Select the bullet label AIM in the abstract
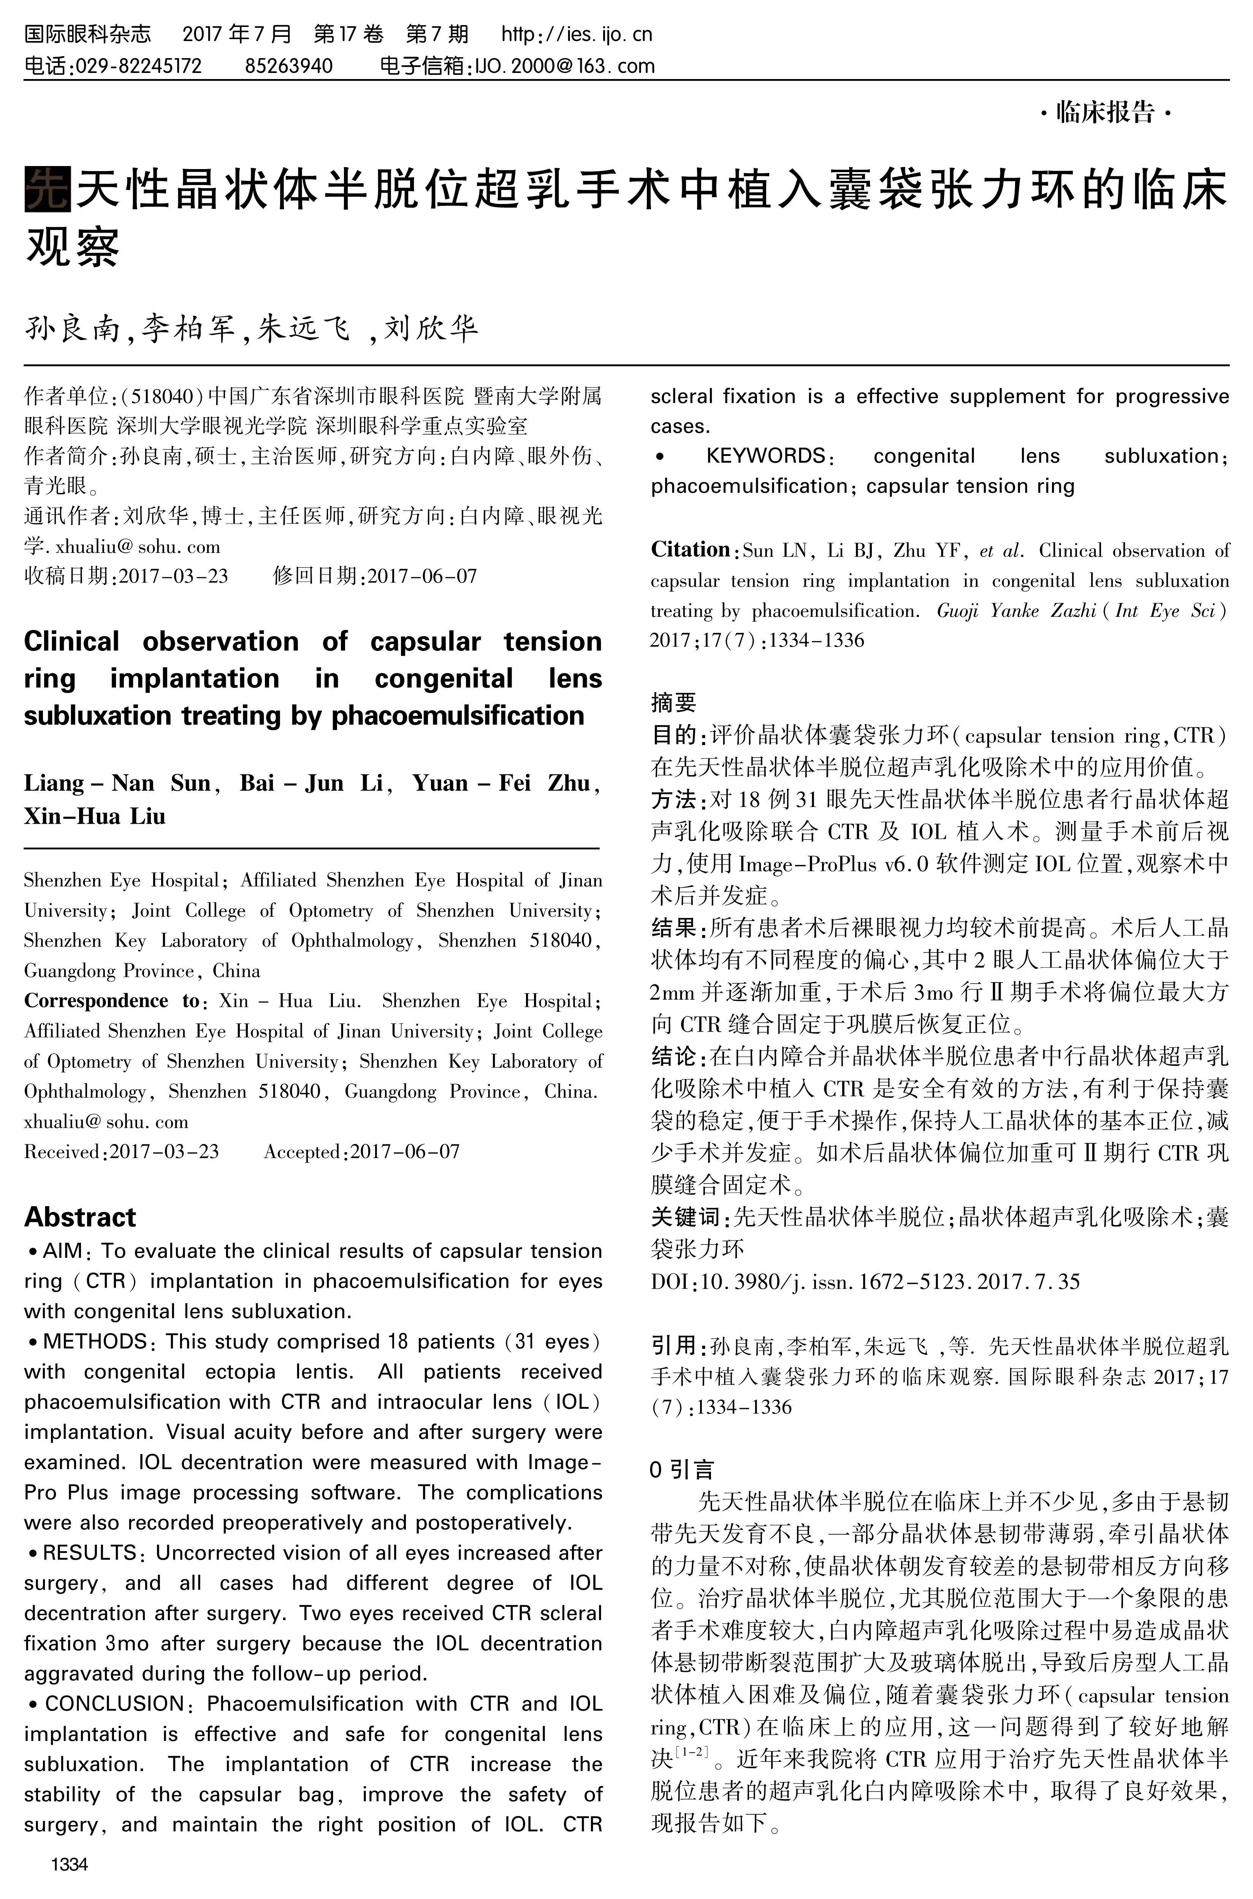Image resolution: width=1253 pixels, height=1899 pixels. (x=62, y=1251)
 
